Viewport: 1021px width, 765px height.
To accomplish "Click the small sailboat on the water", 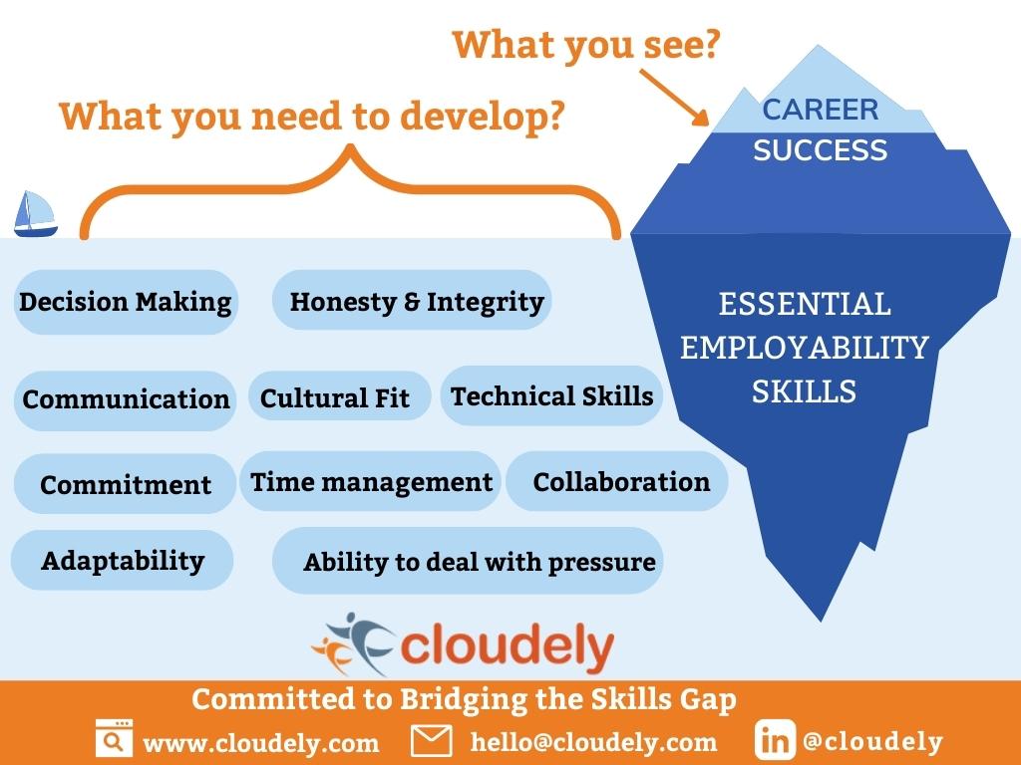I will click(x=36, y=214).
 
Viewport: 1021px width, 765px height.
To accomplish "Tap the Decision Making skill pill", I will click(x=126, y=302).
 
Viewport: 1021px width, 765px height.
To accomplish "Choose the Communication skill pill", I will click(x=126, y=399).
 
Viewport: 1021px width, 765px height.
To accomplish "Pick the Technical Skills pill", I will click(x=551, y=395).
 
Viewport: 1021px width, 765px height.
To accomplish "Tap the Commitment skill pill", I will click(x=126, y=484).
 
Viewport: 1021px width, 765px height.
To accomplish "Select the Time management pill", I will click(x=370, y=482).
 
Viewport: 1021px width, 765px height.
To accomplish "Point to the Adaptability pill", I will click(x=122, y=560).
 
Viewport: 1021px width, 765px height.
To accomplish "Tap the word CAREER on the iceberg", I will click(x=820, y=110).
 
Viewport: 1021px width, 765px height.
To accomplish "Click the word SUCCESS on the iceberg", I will click(x=820, y=150).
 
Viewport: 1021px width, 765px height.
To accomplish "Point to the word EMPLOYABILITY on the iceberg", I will click(x=804, y=347).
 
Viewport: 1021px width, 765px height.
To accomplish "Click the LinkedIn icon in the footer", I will click(x=775, y=741).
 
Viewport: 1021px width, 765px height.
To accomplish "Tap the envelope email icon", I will click(x=432, y=741).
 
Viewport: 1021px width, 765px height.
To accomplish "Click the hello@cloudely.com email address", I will click(x=593, y=742).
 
